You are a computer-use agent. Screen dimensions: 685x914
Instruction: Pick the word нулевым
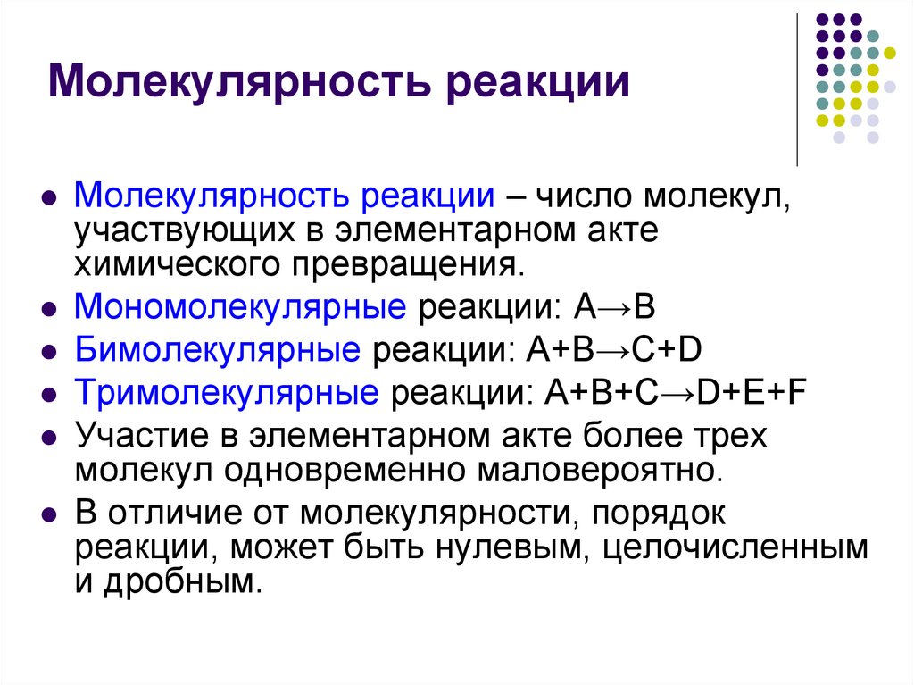pos(510,547)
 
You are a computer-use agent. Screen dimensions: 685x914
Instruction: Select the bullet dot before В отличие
pos(49,516)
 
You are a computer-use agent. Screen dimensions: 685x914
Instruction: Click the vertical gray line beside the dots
pos(796,89)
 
